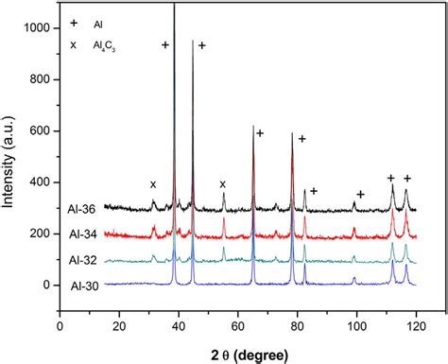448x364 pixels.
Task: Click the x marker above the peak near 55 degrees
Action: coord(223,183)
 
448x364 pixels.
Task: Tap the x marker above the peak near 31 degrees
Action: coord(153,184)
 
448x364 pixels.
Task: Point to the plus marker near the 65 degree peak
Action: coord(260,133)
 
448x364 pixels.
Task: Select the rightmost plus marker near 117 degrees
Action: coord(407,178)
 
